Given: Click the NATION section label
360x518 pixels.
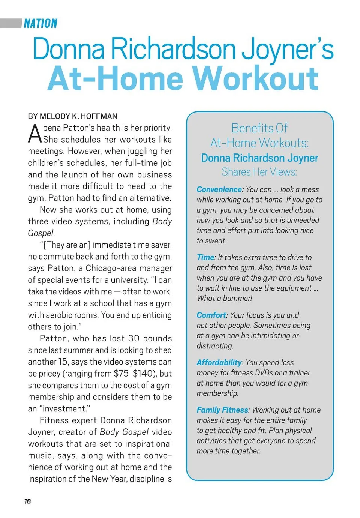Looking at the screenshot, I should coord(40,24).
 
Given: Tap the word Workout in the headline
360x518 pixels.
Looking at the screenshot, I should coord(256,79).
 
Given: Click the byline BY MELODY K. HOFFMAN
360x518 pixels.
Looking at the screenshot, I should coord(72,116).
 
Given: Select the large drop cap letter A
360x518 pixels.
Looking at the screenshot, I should coord(35,134).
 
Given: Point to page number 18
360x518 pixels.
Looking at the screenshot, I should coord(27,501).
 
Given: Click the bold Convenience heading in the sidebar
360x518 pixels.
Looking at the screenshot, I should coord(220,189).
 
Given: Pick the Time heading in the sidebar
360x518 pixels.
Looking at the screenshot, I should coord(206,257).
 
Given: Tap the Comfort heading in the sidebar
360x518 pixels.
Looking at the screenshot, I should coord(211,315).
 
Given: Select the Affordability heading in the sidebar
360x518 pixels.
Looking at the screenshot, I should coord(219,362).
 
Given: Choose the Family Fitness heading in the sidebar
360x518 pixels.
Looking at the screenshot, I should coord(222,410).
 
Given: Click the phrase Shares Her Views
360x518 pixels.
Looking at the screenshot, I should coord(259,172).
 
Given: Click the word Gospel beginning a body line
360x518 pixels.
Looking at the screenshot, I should coord(40,233).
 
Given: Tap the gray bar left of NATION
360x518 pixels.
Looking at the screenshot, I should coord(11,23).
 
